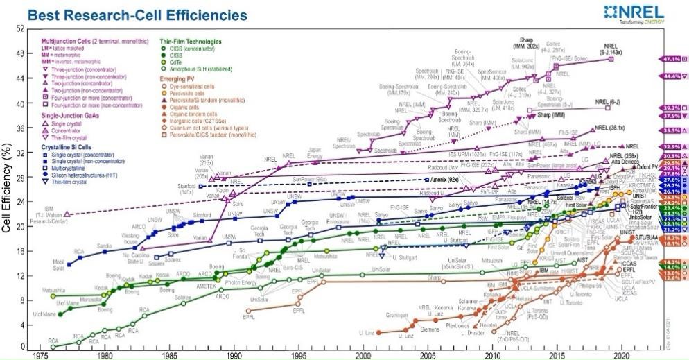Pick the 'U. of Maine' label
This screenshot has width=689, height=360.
coord(67,303)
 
